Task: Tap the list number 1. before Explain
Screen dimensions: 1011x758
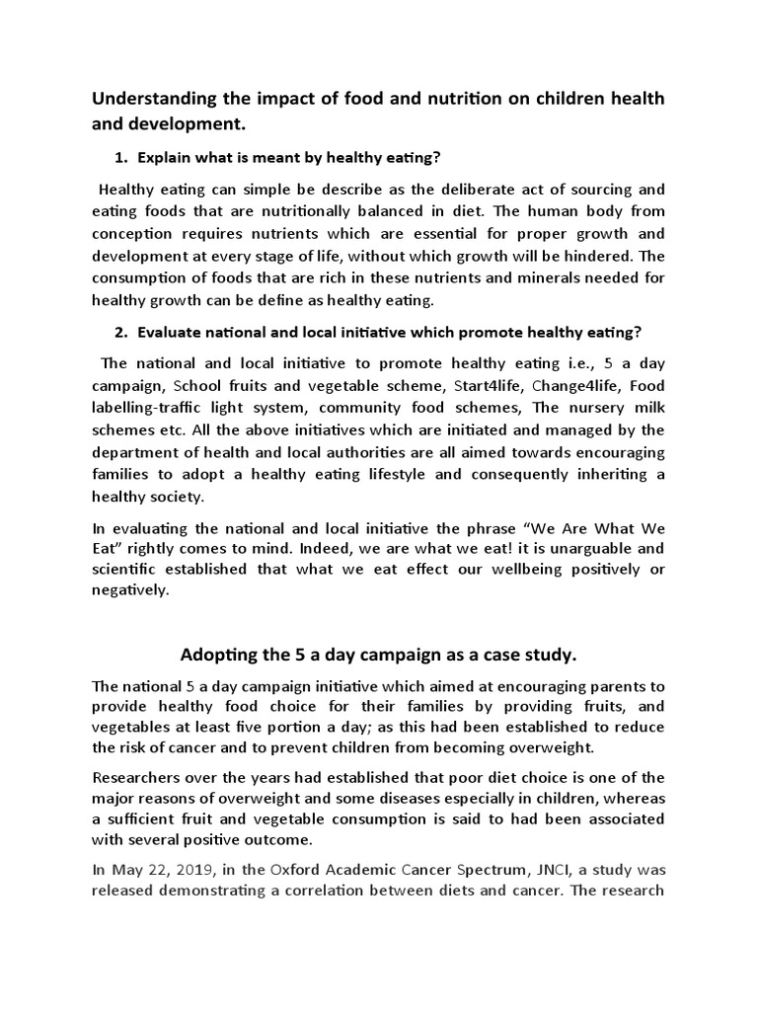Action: coord(122,157)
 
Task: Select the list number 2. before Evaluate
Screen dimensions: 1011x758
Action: coord(122,333)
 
